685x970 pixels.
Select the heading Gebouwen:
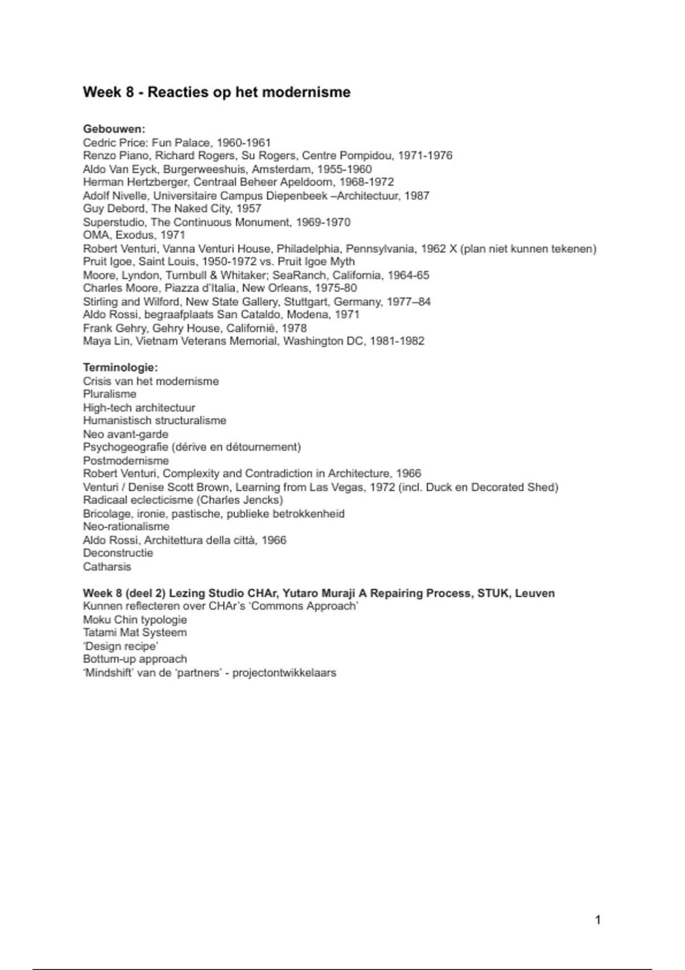[114, 129]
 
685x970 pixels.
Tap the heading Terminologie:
[120, 367]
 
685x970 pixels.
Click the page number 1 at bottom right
[598, 920]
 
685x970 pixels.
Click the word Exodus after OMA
[135, 235]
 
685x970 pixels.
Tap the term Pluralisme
[110, 394]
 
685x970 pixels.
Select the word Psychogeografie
[125, 447]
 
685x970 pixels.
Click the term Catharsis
[107, 567]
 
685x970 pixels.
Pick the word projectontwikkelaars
[284, 673]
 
